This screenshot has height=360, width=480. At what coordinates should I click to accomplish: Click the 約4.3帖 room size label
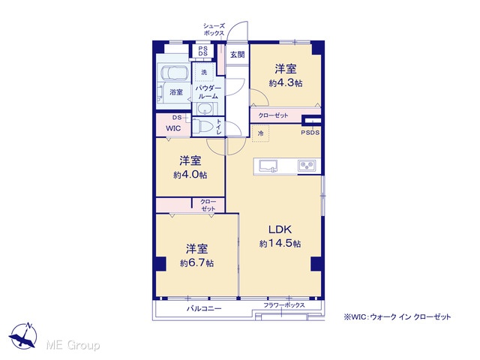click(286, 83)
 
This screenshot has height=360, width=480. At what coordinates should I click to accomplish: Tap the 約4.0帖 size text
click(190, 175)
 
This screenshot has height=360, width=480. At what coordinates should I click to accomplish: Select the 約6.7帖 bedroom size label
click(196, 263)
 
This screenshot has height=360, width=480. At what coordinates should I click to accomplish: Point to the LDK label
click(280, 229)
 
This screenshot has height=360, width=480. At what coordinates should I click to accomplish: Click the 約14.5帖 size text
click(280, 244)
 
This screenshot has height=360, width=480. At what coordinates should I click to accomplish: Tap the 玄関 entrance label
click(237, 55)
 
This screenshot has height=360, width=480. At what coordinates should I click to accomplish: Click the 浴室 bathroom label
click(176, 91)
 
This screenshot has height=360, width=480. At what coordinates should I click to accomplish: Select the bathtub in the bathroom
click(173, 73)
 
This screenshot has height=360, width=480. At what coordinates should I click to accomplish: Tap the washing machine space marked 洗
click(204, 73)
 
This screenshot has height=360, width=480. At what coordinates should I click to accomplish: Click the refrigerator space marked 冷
click(260, 133)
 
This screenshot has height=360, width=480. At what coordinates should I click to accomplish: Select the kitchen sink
click(268, 166)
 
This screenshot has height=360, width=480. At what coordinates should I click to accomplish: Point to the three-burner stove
click(307, 166)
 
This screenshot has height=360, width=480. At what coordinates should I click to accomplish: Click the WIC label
click(173, 128)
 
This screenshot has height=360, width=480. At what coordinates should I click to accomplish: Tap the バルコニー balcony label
click(204, 308)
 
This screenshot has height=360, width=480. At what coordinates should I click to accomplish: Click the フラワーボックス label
click(284, 305)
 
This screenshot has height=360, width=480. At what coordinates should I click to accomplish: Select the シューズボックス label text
click(214, 30)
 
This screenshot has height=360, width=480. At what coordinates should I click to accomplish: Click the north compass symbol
click(23, 335)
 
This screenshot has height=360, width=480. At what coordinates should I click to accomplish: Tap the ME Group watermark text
click(73, 346)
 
